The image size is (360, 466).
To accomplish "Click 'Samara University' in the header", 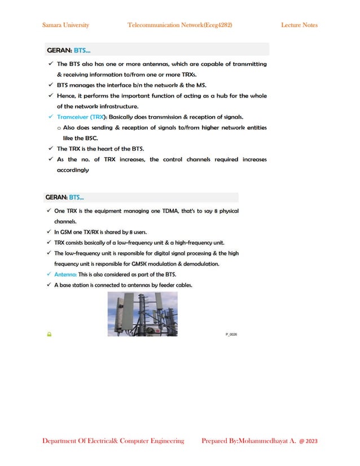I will pos(65,25).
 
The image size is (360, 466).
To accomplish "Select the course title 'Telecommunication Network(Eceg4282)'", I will pos(180,25).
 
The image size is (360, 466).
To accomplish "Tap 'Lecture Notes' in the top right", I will pos(299,25).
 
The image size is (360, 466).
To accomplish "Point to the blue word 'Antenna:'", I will pos(65,274).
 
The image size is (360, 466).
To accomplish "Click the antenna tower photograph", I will pos(142,314).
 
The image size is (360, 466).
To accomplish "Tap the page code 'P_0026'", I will pos(231,335).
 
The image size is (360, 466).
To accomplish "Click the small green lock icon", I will pos(49,335).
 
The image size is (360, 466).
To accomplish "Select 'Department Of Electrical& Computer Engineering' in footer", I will pos(113,441).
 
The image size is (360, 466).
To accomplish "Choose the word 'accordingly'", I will pos(73,170).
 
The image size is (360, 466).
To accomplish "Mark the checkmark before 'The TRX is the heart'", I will pos(50,149).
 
